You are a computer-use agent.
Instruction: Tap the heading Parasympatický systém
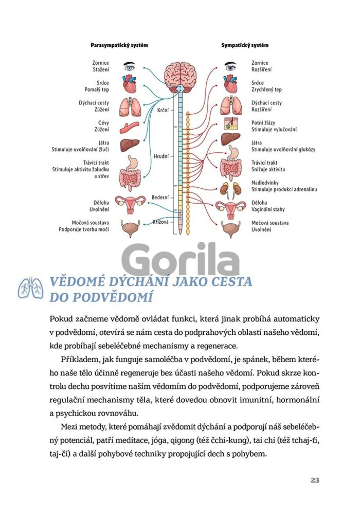119,45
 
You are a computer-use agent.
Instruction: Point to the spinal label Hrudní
160,155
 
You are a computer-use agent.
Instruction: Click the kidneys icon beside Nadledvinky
230,189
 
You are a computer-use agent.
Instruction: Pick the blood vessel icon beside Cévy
129,127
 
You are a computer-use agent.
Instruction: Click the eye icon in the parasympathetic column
129,66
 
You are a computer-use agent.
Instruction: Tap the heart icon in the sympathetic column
230,83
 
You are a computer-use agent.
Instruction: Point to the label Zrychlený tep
266,90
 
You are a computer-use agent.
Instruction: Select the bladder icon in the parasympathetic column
129,226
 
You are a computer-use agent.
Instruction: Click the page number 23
315,480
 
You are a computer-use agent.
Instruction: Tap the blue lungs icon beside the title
30,289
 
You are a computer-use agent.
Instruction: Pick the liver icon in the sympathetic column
230,141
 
